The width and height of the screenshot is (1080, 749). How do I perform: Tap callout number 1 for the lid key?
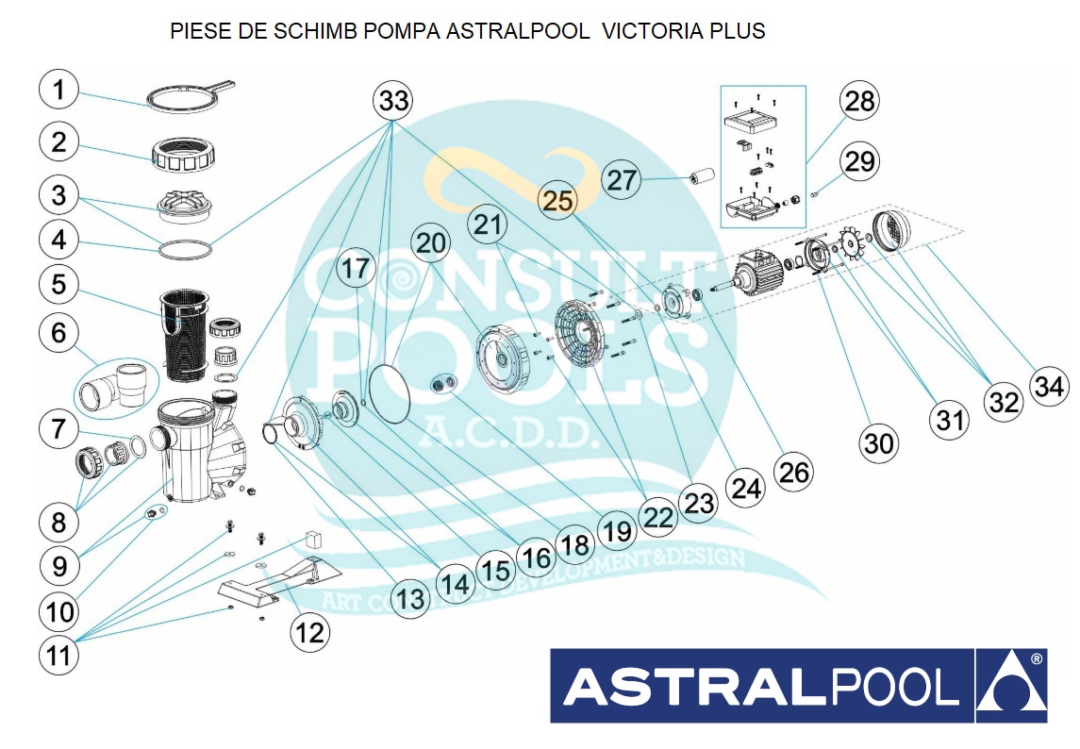tap(60, 91)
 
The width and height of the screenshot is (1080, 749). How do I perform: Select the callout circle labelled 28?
tap(858, 101)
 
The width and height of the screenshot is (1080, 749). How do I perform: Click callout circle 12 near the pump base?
tap(309, 632)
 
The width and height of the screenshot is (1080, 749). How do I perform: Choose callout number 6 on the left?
tap(60, 333)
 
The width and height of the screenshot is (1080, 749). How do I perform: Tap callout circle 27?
tap(622, 179)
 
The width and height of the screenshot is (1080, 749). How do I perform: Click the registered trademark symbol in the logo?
tap(1036, 659)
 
